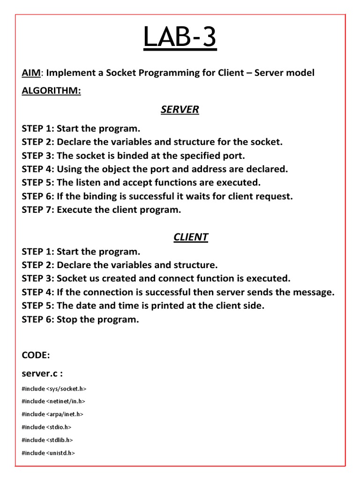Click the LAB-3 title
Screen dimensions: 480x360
tap(180, 38)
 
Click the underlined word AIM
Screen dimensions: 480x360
tap(32, 73)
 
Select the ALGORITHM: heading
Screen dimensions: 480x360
tap(51, 91)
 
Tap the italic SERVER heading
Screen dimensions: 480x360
tap(180, 110)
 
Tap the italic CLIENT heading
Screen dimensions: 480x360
tap(190, 237)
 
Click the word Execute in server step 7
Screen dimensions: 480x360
tap(75, 210)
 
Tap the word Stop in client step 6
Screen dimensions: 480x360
tap(67, 319)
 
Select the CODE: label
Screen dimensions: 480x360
tap(36, 355)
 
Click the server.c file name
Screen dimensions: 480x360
tap(41, 374)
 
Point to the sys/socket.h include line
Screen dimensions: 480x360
tap(54, 389)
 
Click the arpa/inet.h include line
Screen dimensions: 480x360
tap(52, 414)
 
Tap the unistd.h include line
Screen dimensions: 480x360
tap(48, 453)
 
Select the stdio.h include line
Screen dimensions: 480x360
tap(46, 427)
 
